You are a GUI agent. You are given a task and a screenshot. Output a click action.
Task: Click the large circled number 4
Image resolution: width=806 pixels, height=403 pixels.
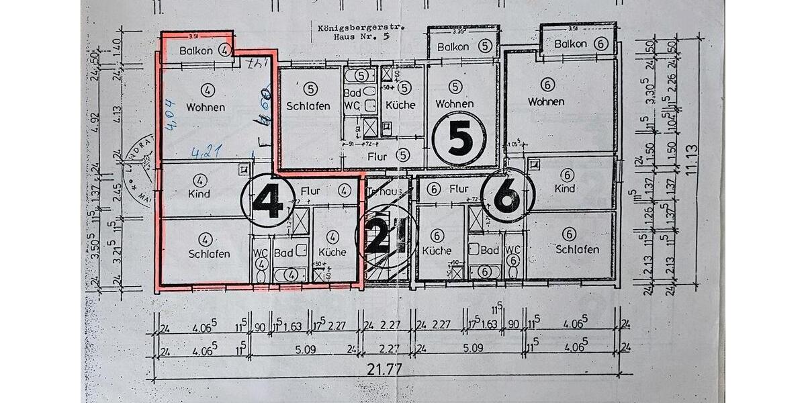(x=267, y=199)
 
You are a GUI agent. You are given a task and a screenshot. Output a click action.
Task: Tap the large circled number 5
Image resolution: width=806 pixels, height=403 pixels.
(x=460, y=139)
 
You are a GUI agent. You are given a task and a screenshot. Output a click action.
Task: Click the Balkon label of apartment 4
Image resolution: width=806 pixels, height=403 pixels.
(x=196, y=50)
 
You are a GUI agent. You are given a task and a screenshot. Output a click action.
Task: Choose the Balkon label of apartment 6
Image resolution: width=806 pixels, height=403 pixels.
(x=571, y=44)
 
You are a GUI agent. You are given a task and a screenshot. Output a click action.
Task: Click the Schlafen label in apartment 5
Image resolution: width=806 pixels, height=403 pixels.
(x=308, y=106)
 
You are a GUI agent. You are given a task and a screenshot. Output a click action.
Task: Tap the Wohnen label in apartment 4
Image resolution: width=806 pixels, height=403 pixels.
(x=206, y=107)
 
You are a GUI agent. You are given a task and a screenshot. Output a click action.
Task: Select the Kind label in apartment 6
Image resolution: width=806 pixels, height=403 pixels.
(x=566, y=189)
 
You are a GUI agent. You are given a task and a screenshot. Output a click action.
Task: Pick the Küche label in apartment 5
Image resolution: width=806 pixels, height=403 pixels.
(x=401, y=105)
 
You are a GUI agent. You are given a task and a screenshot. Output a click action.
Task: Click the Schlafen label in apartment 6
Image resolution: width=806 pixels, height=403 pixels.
(x=578, y=249)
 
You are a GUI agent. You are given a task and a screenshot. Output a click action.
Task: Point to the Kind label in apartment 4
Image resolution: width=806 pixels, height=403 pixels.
(x=199, y=194)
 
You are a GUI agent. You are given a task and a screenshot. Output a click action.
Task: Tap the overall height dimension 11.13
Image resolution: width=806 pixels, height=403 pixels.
(x=691, y=161)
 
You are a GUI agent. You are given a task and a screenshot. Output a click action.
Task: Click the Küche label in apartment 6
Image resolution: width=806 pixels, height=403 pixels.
(x=437, y=251)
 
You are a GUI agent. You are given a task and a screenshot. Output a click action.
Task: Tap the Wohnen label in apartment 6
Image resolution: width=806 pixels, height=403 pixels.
(x=546, y=101)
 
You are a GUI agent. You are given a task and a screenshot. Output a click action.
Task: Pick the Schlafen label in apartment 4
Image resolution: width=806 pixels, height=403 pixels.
(x=209, y=254)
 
